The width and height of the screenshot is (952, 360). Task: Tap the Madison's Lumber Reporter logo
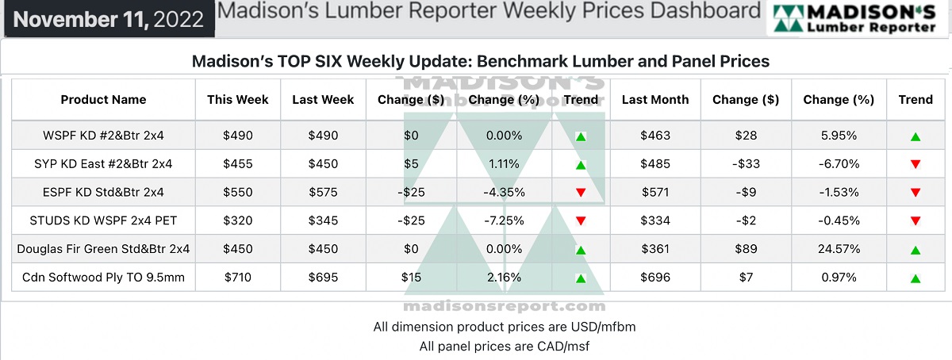858,19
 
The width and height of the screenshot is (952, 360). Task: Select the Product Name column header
103,100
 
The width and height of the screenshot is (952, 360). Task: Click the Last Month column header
655,100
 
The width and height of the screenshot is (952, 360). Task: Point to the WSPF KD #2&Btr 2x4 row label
103,136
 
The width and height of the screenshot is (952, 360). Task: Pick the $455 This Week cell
238,164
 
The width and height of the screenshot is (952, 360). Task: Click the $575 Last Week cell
323,193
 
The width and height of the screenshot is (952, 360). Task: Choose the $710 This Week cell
238,278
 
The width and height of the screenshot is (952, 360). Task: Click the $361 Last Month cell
655,250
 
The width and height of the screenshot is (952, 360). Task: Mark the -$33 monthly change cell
746,164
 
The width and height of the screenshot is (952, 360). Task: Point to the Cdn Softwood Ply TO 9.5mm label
103,278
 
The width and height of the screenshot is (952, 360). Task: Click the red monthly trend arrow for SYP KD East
916,165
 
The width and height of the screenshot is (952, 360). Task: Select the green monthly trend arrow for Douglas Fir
916,251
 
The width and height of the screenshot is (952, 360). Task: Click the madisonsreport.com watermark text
505,307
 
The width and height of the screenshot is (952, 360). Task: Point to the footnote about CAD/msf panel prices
505,347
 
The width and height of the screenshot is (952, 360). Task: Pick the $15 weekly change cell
411,278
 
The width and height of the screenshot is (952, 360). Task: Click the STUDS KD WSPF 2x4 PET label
103,221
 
